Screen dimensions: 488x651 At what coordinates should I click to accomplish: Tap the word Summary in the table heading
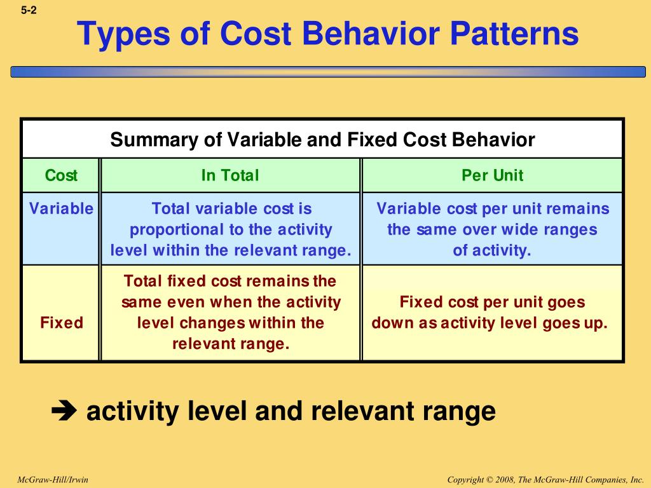[x=154, y=140]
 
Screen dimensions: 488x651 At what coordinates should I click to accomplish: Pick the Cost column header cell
[x=61, y=175]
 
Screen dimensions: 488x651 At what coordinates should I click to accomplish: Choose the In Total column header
[x=230, y=175]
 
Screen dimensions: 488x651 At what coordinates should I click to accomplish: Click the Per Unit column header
[x=492, y=175]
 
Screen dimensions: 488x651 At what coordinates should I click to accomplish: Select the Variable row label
[x=61, y=209]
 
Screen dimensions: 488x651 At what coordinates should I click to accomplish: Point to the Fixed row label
[x=61, y=323]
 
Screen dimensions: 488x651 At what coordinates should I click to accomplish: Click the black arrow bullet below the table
[x=63, y=411]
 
